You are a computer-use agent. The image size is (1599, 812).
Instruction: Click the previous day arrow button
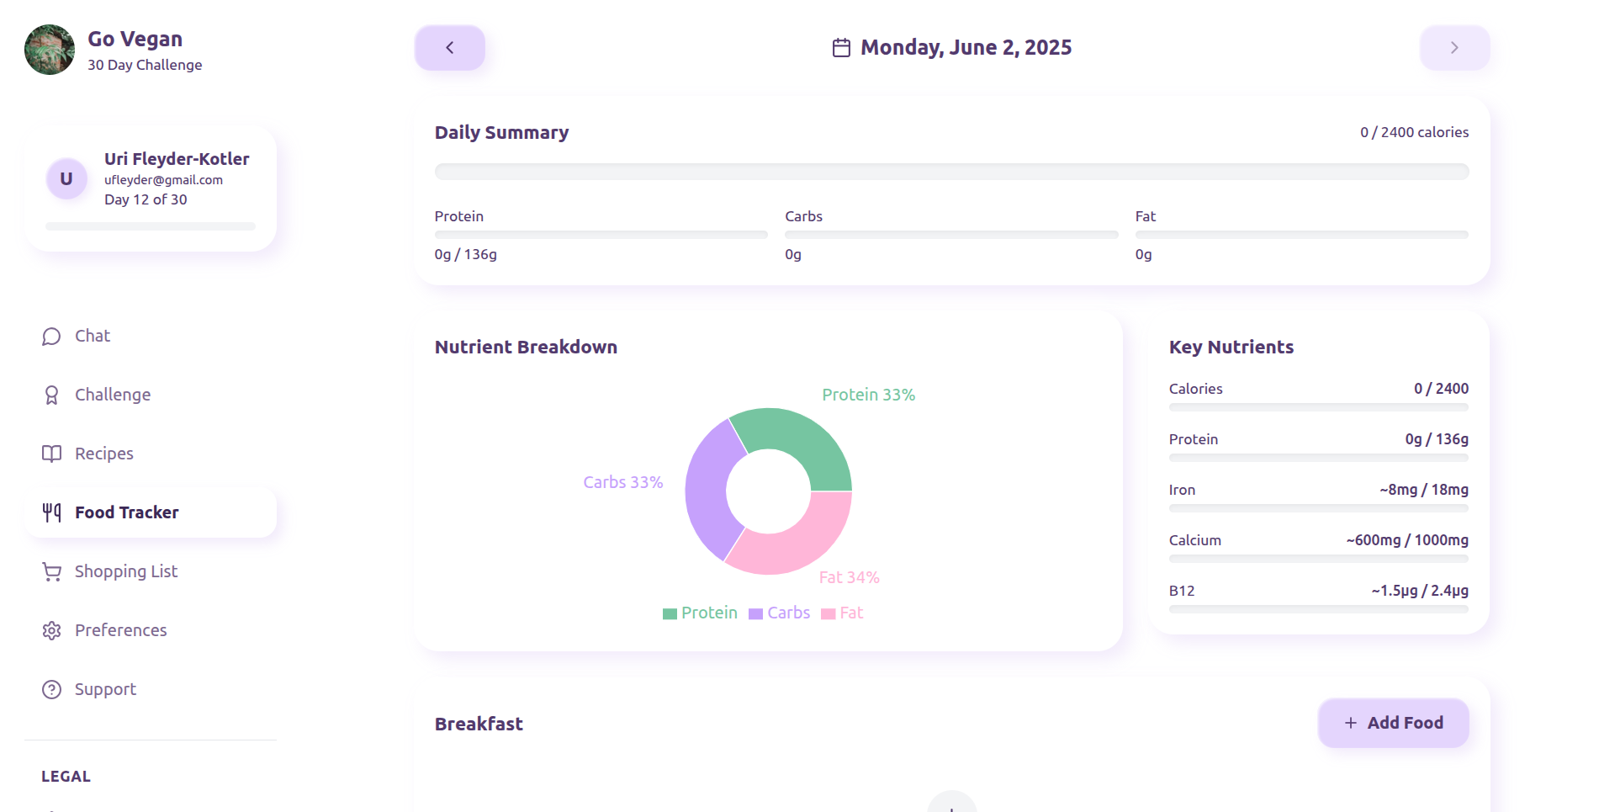[x=449, y=48]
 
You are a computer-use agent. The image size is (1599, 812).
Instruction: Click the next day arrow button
[x=1454, y=48]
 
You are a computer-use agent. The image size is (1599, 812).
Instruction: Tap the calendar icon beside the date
[x=841, y=48]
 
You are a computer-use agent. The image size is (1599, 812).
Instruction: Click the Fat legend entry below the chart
[x=843, y=613]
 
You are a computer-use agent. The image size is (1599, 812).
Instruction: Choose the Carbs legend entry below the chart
[x=780, y=613]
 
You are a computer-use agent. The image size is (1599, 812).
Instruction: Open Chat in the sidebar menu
[x=93, y=337]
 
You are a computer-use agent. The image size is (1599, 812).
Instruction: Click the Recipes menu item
[x=103, y=454]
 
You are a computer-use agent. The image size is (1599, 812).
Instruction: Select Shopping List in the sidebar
[x=126, y=572]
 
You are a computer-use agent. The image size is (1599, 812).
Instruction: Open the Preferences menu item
[x=120, y=631]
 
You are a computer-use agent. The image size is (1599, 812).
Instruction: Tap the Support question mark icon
[x=52, y=690]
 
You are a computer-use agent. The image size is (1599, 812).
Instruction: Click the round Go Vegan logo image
[x=50, y=50]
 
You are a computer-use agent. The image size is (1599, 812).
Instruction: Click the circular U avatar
[x=66, y=179]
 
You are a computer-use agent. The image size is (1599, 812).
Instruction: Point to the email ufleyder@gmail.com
[x=163, y=180]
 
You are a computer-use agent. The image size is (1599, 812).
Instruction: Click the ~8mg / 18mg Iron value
[x=1424, y=490]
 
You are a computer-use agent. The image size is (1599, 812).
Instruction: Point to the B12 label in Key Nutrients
[x=1182, y=591]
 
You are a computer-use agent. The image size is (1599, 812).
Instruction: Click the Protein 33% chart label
[x=868, y=395]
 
